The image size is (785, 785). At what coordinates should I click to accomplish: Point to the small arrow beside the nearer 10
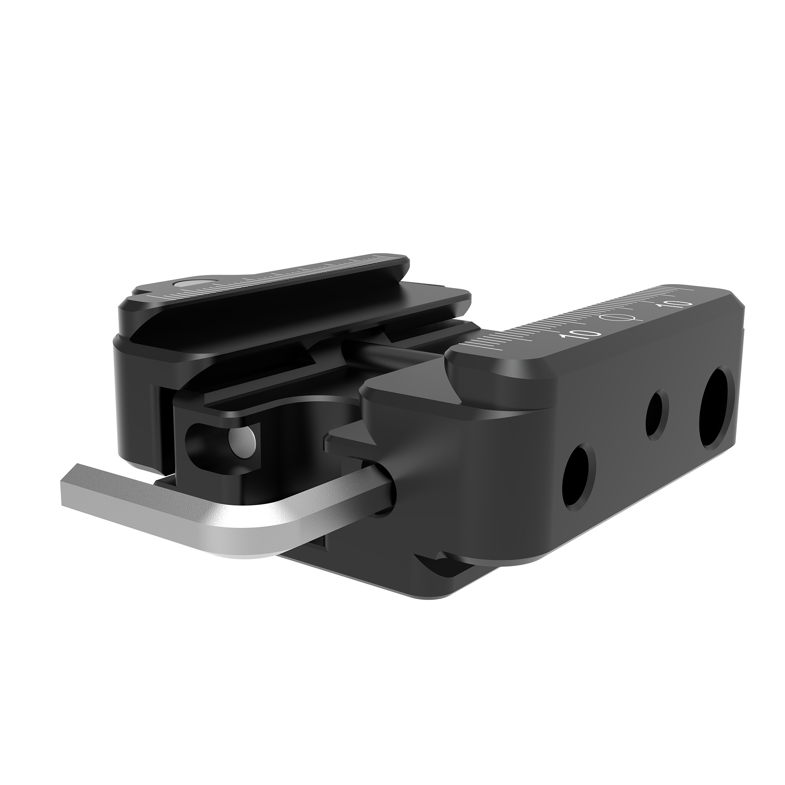pos(564,337)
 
